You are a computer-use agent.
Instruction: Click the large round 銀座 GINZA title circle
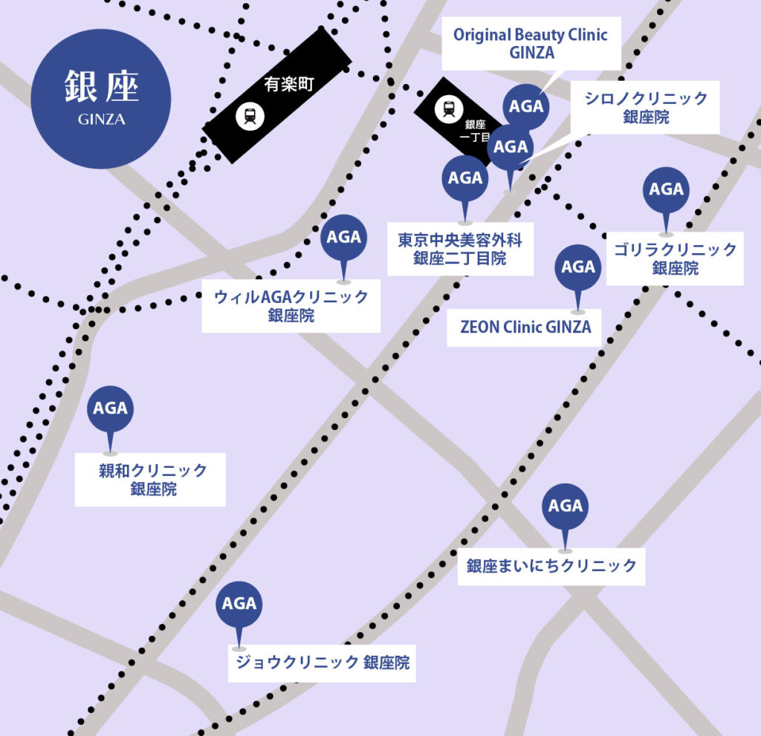[100, 98]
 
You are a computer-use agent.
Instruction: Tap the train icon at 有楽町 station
[248, 115]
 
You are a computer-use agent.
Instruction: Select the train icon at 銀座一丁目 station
[448, 109]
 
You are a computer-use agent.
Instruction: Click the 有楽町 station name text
[290, 85]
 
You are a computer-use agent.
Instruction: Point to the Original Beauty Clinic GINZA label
[530, 43]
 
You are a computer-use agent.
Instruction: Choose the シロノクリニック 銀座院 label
[645, 107]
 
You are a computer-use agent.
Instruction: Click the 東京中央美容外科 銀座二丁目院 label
[460, 249]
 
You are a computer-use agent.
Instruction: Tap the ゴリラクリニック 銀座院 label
[675, 258]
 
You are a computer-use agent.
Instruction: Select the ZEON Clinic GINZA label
[526, 327]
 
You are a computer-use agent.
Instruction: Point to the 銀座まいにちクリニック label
[551, 566]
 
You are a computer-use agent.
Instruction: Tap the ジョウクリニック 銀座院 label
[322, 662]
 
